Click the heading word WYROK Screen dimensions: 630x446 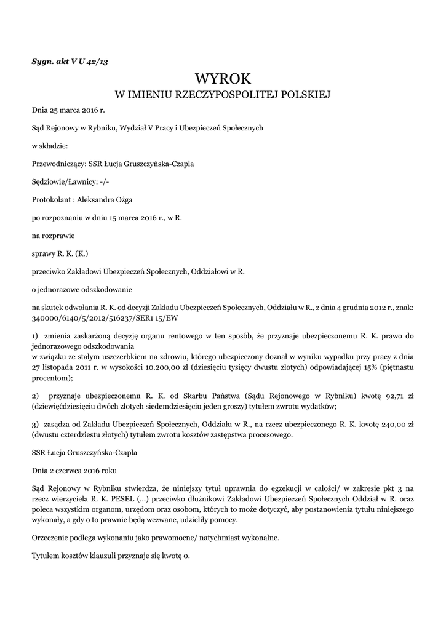pyautogui.click(x=223, y=79)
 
